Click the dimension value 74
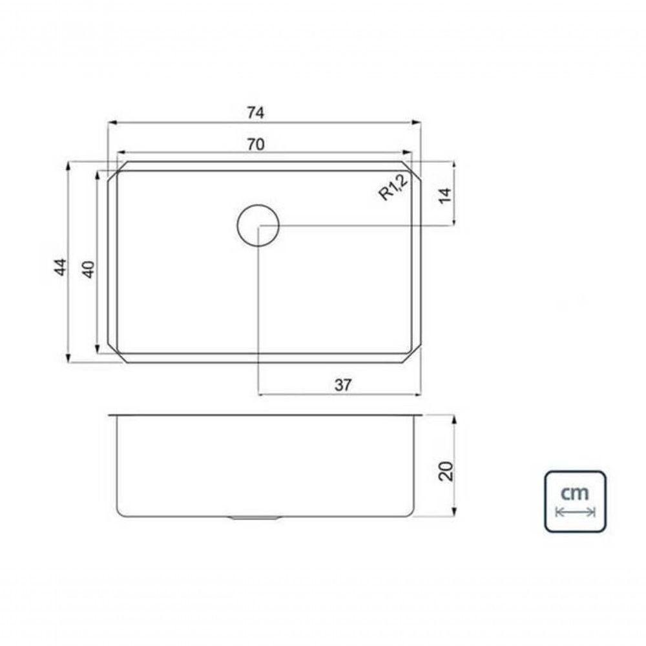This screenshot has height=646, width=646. click(x=255, y=112)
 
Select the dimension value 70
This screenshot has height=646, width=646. click(x=255, y=145)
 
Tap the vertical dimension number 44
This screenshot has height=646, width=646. click(x=60, y=267)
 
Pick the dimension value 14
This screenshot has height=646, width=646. click(x=444, y=194)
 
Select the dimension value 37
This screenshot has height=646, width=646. click(x=343, y=385)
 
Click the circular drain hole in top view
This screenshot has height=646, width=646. click(x=258, y=225)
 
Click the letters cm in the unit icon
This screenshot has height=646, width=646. click(x=574, y=494)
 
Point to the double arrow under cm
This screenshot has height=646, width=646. click(x=575, y=512)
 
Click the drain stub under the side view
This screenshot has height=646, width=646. click(x=255, y=519)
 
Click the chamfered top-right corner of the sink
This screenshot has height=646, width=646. click(x=415, y=170)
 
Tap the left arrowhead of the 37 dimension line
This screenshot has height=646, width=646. click(x=261, y=393)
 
